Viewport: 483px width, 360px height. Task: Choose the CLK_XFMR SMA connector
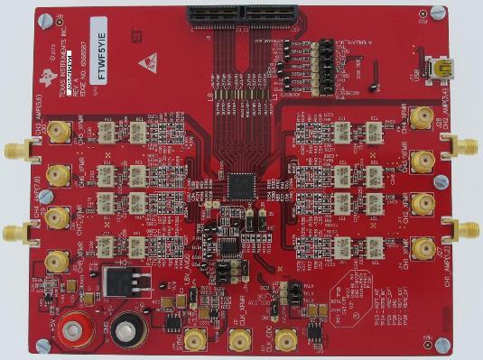(240, 340)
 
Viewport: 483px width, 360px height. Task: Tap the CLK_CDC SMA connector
(286, 340)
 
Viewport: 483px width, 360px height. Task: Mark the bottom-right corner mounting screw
(441, 344)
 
